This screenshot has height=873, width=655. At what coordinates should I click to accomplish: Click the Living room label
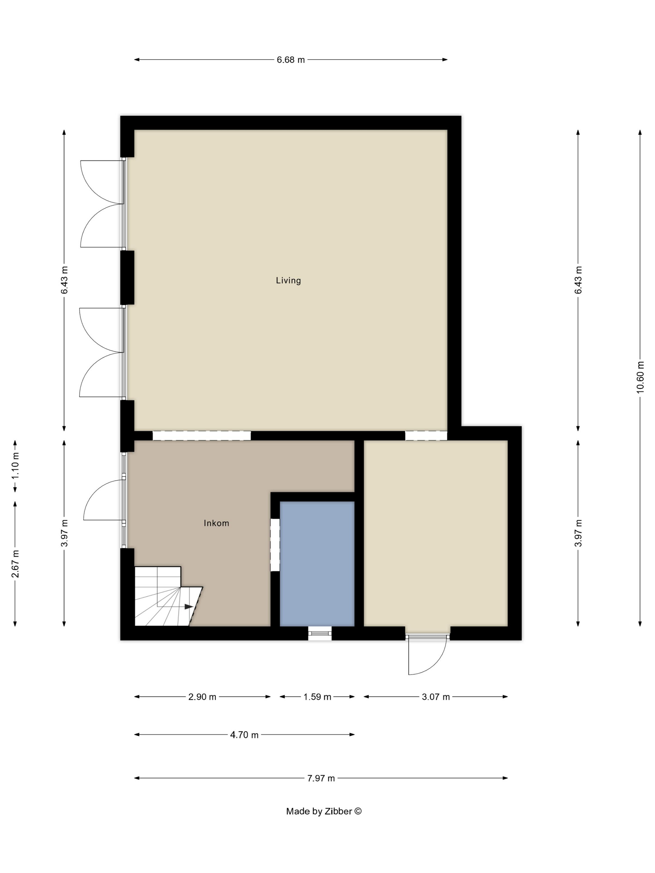pos(288,281)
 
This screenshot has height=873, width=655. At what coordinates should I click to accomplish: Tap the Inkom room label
pos(216,523)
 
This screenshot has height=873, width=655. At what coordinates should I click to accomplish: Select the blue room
pos(317,564)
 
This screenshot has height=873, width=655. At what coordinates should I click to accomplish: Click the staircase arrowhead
pos(189,607)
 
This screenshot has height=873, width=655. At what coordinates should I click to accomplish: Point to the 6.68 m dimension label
pos(291,60)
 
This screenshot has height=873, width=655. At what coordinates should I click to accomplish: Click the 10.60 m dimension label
pos(640,377)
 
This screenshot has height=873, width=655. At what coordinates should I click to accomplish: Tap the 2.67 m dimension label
pos(15,564)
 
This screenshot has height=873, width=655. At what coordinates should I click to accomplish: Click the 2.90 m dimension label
pos(202,697)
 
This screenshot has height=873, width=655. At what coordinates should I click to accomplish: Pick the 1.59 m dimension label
pos(317,697)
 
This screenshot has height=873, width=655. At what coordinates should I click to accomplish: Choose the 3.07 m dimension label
pos(436,697)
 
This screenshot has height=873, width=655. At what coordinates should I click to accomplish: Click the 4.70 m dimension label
pos(245,735)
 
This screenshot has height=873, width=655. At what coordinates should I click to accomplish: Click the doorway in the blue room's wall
pos(275,545)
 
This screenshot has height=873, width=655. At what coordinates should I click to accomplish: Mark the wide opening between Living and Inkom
pos(202,435)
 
